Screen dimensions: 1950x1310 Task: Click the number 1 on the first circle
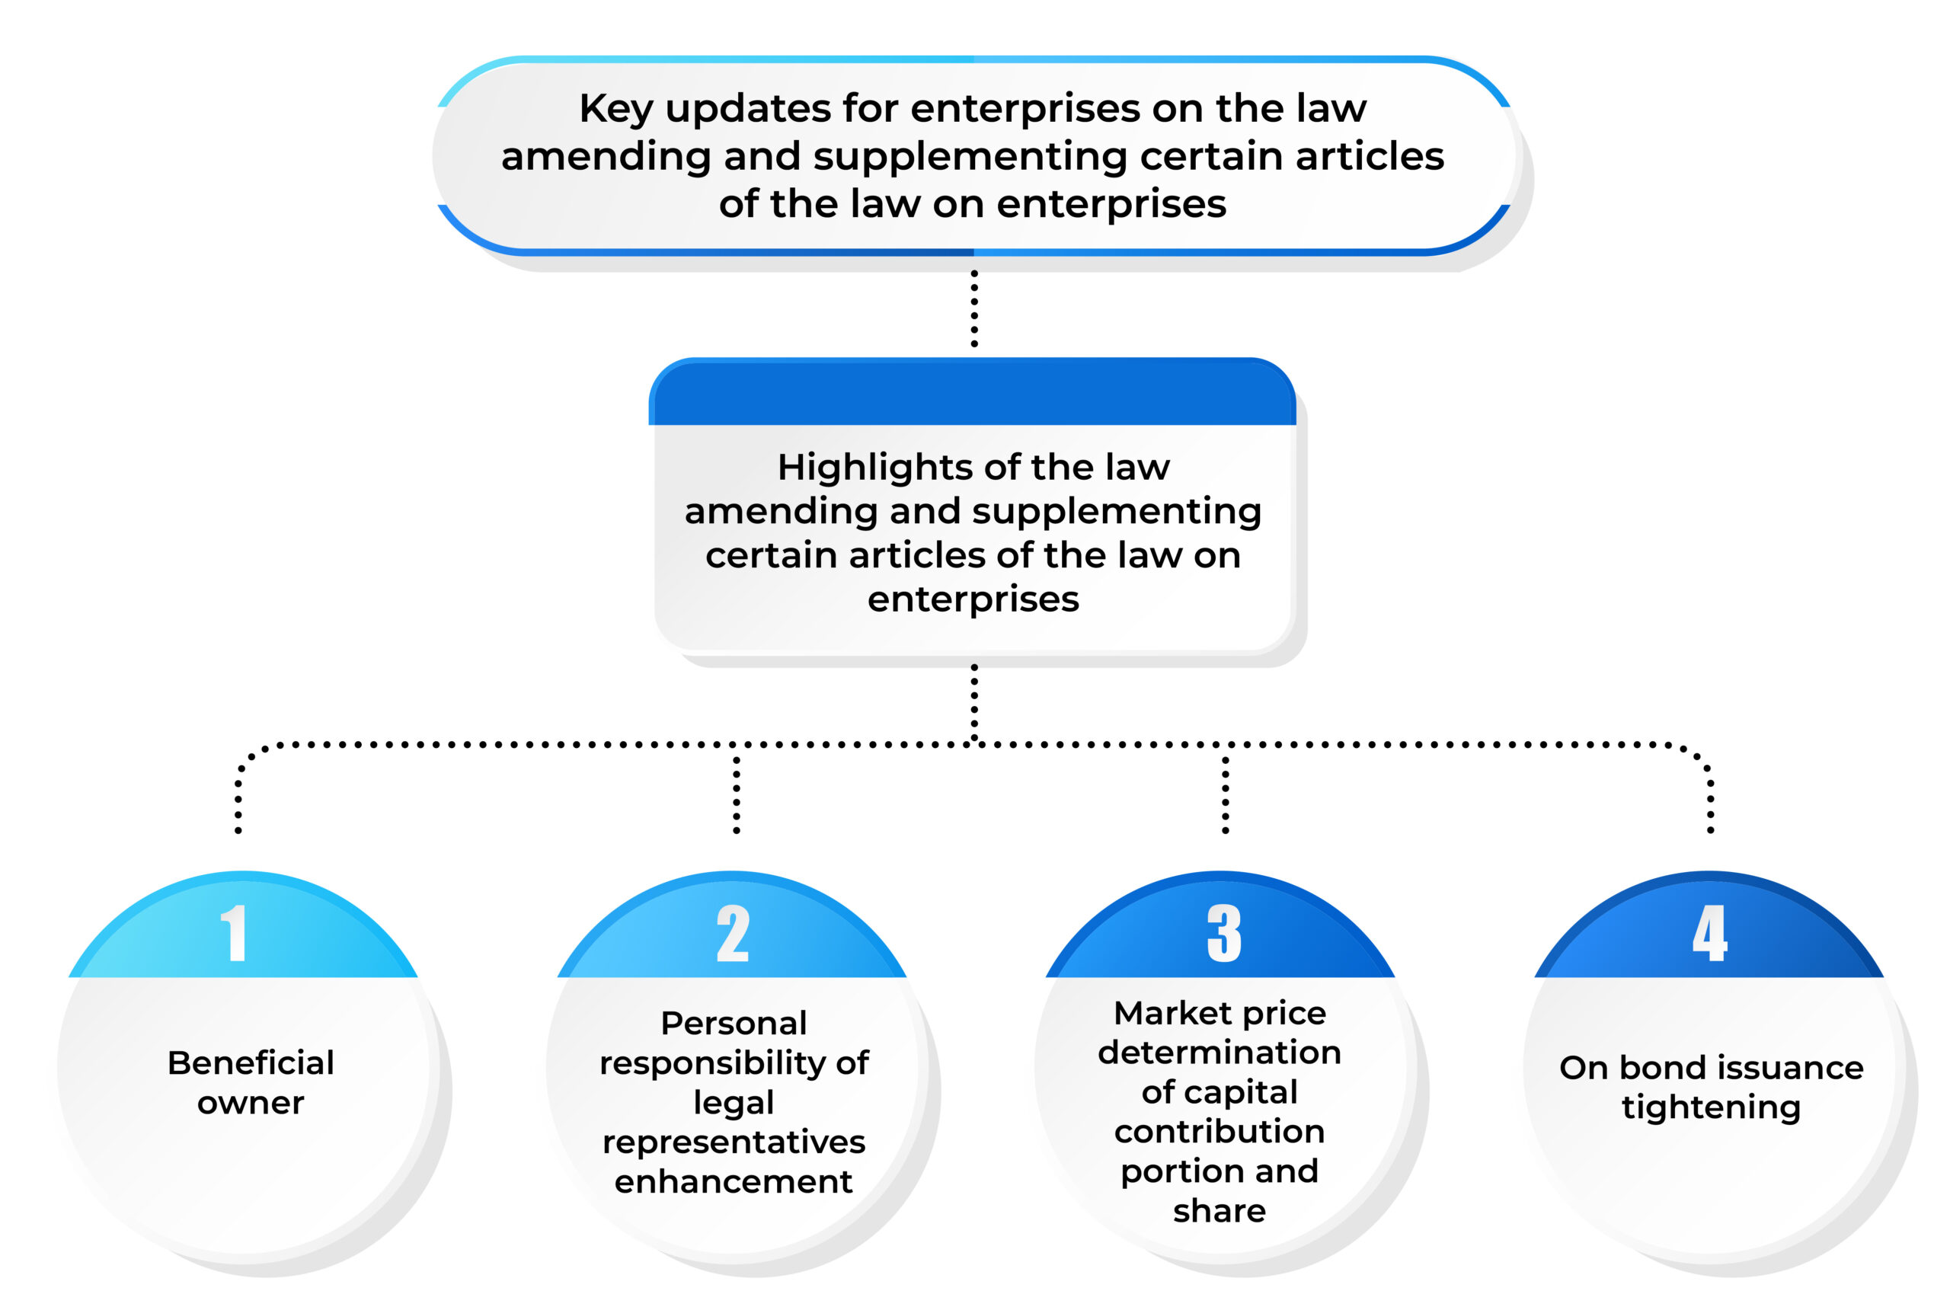[234, 932]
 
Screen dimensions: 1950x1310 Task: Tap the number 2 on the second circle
[733, 932]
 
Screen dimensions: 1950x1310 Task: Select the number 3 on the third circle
[1224, 932]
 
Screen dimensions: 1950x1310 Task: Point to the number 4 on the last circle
[1709, 932]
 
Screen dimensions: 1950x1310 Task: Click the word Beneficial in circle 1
[251, 1062]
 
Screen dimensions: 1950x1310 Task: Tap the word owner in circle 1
[251, 1104]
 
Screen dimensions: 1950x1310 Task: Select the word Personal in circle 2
[734, 1023]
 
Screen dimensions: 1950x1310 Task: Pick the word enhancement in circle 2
[734, 1181]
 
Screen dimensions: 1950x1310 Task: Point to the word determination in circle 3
[1220, 1053]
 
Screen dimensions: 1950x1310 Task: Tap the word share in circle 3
[1220, 1210]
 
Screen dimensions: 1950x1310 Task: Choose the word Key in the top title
[615, 110]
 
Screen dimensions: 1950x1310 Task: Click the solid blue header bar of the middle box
[973, 391]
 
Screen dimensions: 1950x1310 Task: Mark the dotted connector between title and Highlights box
[974, 308]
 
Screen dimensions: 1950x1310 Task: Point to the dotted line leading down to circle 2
[736, 794]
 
